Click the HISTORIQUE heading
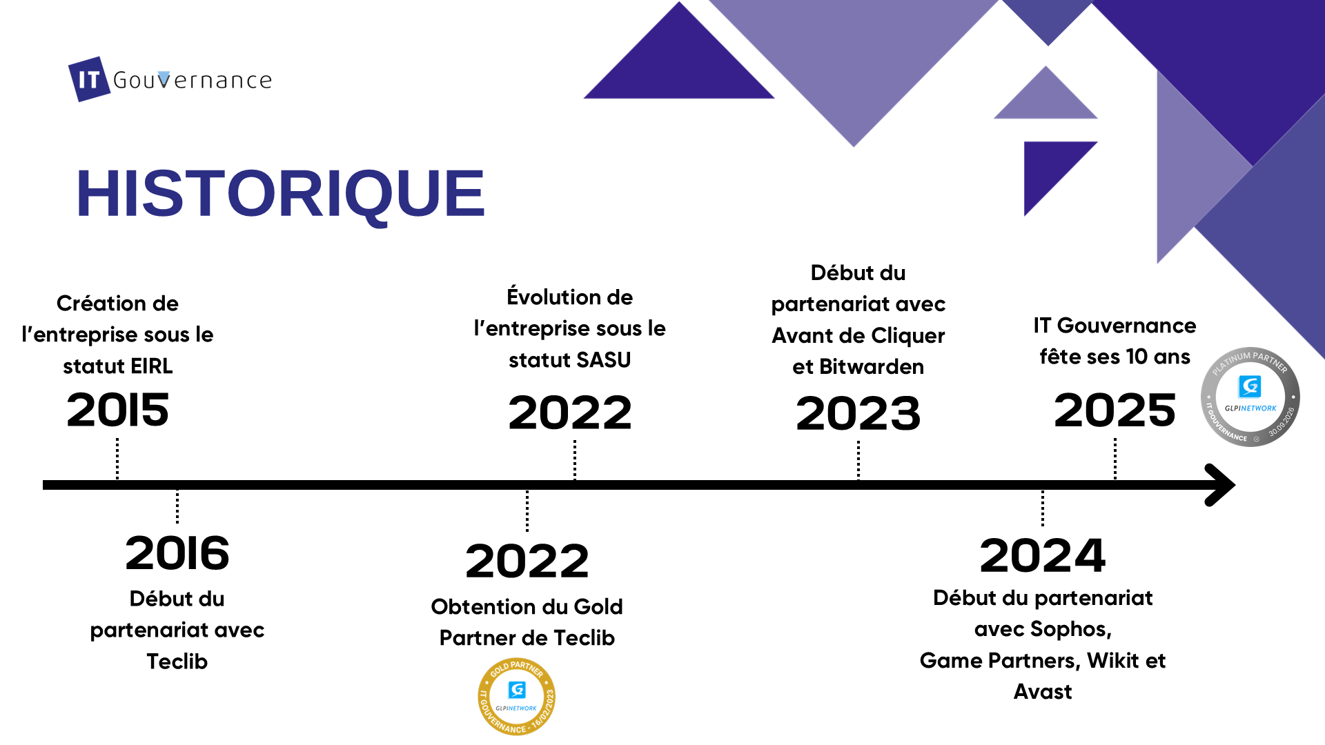coord(280,193)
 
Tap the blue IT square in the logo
coord(89,79)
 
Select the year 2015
coord(117,410)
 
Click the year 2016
coord(177,553)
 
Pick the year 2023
coord(858,413)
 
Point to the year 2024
coord(1043,555)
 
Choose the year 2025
coord(1115,410)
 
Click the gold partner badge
coord(517,697)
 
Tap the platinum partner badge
coord(1250,397)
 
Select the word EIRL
coord(152,366)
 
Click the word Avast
coord(1043,692)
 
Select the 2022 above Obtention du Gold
coord(527,561)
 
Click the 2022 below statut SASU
coord(570,413)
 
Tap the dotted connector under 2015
coord(117,459)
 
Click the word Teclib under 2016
coord(177,662)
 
